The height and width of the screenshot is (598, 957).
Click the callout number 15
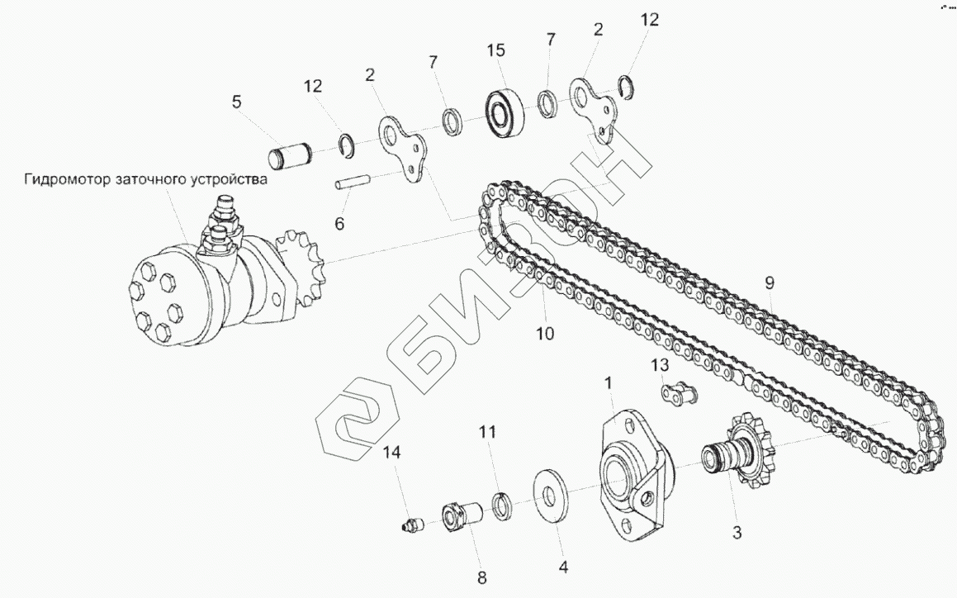[495, 50]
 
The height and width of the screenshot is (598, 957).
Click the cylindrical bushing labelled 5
[290, 155]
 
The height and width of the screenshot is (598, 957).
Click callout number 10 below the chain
[545, 334]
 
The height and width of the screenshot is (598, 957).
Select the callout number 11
[489, 431]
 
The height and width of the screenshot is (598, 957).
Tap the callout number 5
[237, 102]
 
